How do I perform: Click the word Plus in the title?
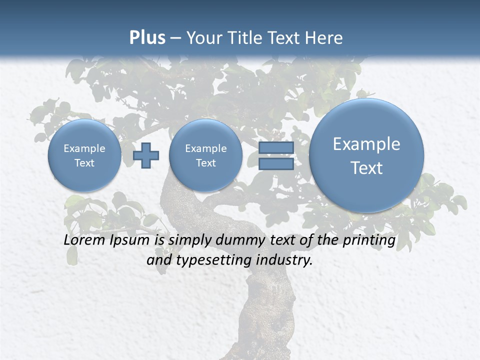coord(147,38)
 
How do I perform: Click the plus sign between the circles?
coord(145,155)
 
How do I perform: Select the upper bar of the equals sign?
coord(276,147)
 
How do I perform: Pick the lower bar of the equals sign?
coord(276,164)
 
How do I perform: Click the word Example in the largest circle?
coord(366,144)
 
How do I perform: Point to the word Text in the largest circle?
coord(366,168)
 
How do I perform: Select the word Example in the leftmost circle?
coord(84,148)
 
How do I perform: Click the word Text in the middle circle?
coord(205,163)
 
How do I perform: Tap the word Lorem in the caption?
coord(85,240)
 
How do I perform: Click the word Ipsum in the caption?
coord(130,240)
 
